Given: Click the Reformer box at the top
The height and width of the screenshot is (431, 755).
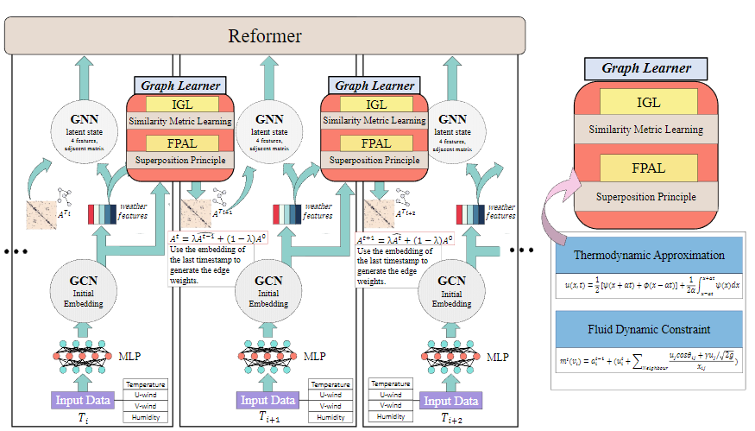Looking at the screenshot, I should click(264, 35).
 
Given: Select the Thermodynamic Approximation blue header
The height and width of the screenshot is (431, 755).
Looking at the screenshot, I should click(649, 255).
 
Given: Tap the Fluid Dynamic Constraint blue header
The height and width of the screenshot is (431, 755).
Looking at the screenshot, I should click(649, 329).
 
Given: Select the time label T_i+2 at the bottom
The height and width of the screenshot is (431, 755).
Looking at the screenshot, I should click(453, 418).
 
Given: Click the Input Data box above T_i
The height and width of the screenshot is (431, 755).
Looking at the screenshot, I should click(85, 400).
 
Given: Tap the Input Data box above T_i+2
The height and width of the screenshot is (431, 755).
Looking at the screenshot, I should click(450, 401).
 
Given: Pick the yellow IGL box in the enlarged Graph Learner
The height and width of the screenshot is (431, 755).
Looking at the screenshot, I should click(648, 103).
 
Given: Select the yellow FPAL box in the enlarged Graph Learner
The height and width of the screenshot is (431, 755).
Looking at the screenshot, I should click(648, 168).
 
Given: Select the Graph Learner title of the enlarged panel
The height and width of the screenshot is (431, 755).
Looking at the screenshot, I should click(646, 68).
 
